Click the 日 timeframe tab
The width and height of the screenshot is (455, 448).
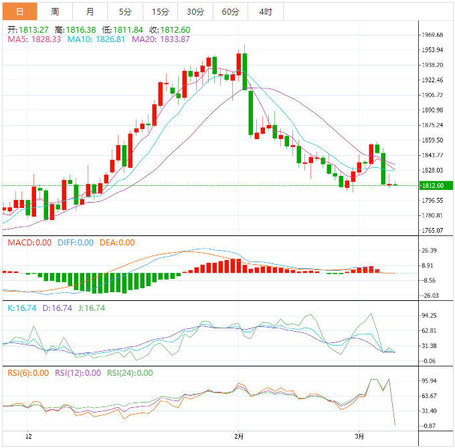(x=19, y=12)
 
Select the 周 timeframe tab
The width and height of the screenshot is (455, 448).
(x=55, y=12)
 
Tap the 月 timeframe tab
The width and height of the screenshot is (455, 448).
(x=90, y=12)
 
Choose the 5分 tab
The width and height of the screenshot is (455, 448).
(x=125, y=12)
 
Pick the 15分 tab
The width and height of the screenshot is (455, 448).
(x=161, y=12)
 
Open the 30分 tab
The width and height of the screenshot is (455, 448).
(x=195, y=12)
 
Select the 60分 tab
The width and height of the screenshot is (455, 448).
(x=230, y=12)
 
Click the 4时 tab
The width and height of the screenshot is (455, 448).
(x=265, y=12)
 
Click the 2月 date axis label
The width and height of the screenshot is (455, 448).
(x=239, y=436)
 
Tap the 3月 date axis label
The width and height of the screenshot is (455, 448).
(x=360, y=436)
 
